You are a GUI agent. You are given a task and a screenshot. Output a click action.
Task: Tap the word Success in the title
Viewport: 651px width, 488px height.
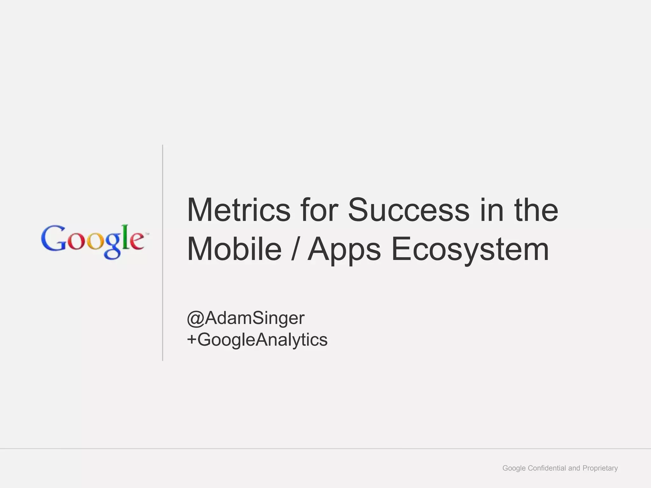click(x=408, y=210)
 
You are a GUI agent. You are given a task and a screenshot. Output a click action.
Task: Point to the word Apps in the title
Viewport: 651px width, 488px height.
click(x=344, y=250)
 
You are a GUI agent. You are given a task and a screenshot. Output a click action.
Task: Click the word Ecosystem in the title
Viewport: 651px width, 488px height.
click(x=470, y=250)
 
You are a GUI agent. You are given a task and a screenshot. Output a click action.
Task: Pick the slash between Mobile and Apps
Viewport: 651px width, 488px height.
click(x=294, y=250)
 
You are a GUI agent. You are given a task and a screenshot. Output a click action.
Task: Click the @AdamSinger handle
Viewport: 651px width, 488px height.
click(x=246, y=318)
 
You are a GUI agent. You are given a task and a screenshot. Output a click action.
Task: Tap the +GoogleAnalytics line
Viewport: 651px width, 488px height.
click(x=257, y=339)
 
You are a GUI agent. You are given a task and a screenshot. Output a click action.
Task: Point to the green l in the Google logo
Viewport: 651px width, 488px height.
click(x=126, y=236)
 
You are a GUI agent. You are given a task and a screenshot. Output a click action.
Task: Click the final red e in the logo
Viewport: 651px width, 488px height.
click(x=137, y=241)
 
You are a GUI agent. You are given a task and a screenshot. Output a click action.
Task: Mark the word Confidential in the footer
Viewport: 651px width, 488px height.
click(x=547, y=468)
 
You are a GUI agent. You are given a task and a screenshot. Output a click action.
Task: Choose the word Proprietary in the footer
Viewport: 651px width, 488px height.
click(x=600, y=468)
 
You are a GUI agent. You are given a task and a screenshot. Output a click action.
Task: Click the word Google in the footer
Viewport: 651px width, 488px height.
click(x=514, y=468)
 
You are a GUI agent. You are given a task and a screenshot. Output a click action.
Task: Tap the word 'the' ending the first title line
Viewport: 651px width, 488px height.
click(x=536, y=210)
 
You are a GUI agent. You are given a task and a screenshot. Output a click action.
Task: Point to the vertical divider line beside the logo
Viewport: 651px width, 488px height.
click(x=162, y=253)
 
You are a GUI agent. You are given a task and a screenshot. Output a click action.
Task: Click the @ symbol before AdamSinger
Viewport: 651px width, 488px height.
click(x=195, y=318)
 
